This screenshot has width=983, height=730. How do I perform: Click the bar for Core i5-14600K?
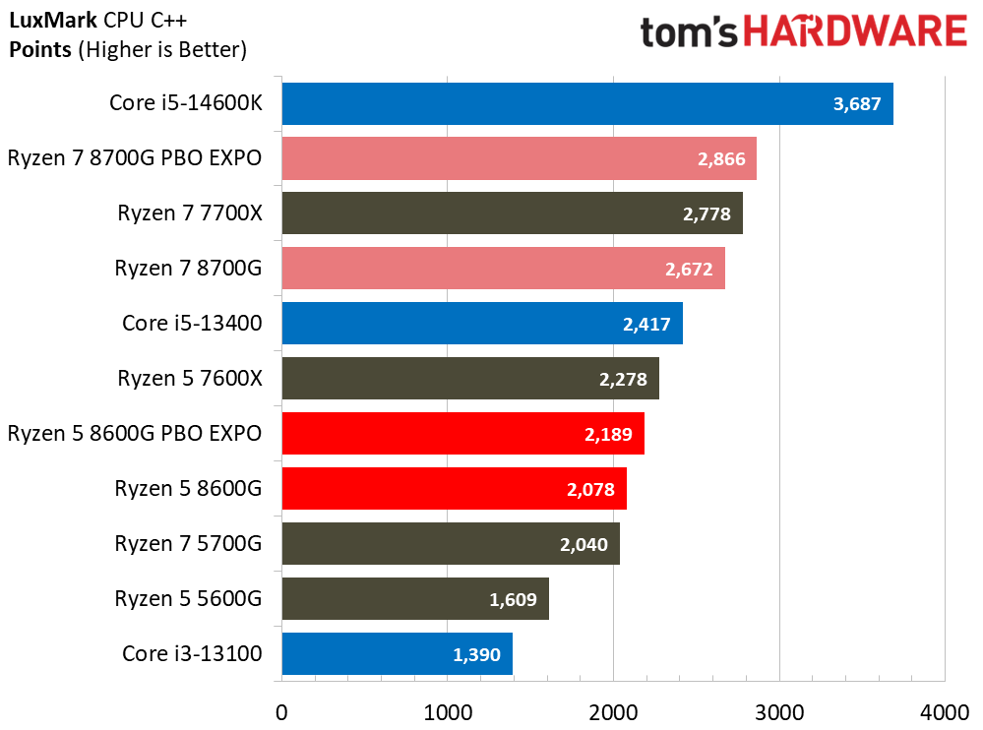pyautogui.click(x=586, y=103)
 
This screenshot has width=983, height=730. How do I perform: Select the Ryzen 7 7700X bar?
pyautogui.click(x=512, y=213)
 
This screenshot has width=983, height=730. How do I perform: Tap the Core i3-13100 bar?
pyautogui.click(x=397, y=653)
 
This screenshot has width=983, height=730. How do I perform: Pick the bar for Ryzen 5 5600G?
pyautogui.click(x=414, y=598)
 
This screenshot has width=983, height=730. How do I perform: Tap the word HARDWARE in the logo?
pyautogui.click(x=854, y=32)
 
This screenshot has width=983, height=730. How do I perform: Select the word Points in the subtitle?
pyautogui.click(x=39, y=48)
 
